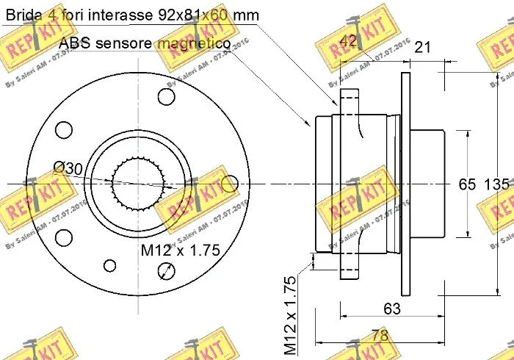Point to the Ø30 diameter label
(x=68, y=169)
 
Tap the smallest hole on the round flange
(x=110, y=265)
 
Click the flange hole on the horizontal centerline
(x=228, y=183)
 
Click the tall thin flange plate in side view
(x=404, y=184)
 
